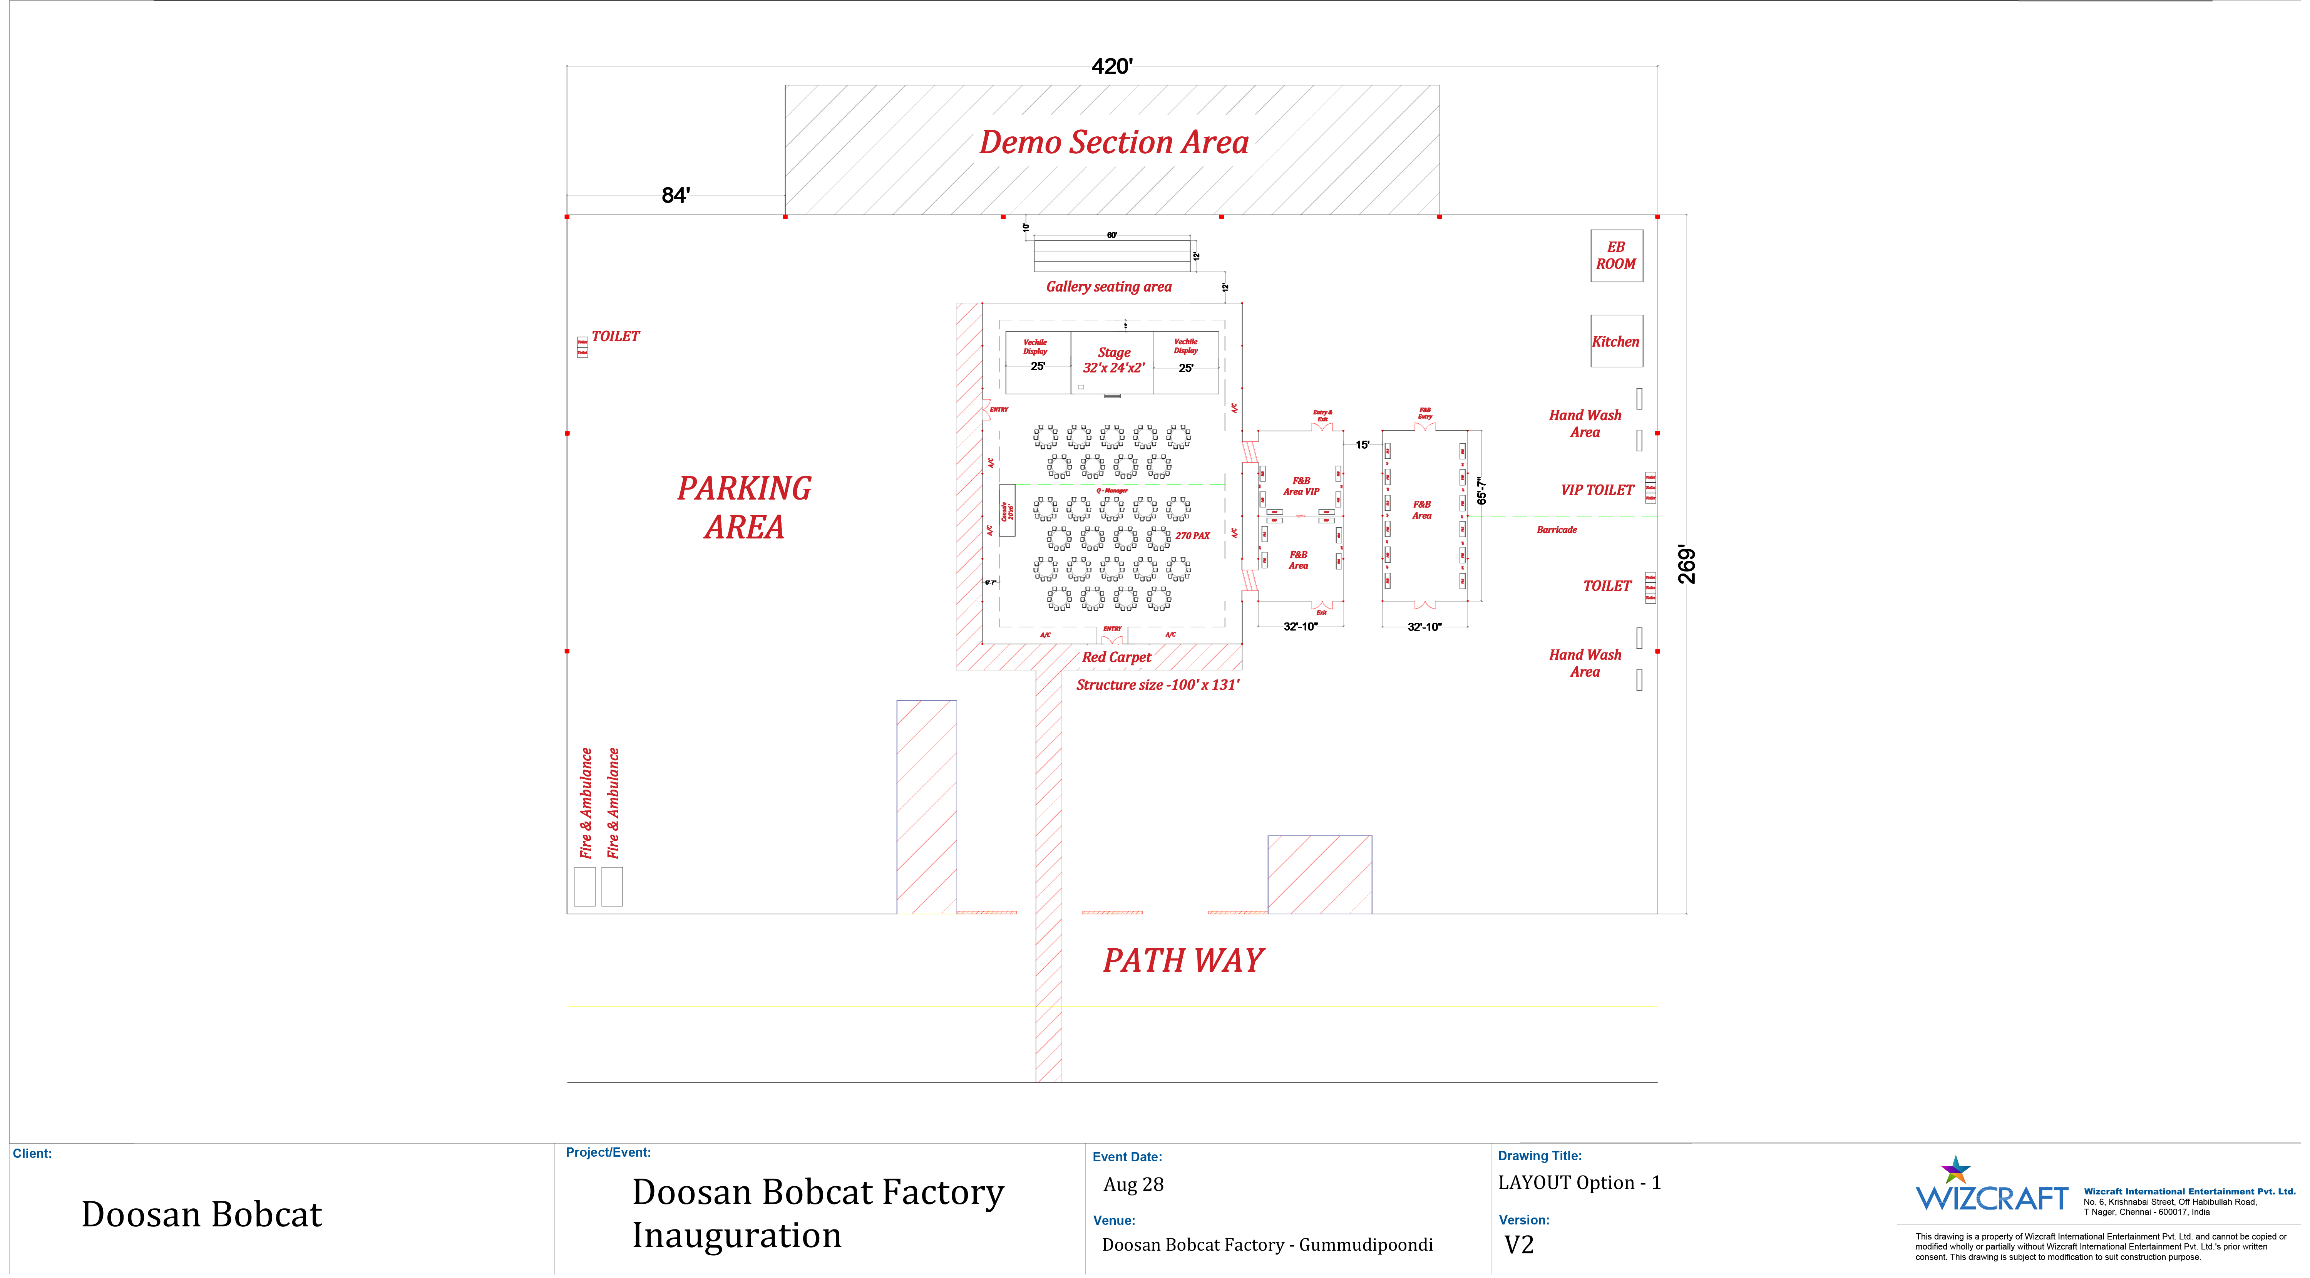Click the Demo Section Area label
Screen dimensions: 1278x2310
tap(1113, 143)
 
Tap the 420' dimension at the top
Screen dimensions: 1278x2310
tap(1112, 66)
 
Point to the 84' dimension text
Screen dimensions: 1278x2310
tap(675, 196)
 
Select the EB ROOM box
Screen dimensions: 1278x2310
tap(1616, 256)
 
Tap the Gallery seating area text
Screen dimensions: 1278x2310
tap(1108, 287)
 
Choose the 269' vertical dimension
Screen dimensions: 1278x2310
tap(1687, 565)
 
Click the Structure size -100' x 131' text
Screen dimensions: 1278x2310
tap(1157, 685)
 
